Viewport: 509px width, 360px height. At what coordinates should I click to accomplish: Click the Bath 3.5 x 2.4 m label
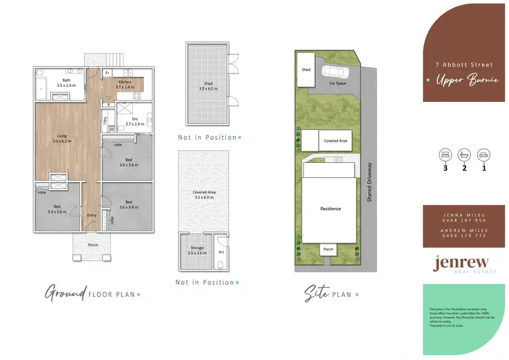click(x=62, y=84)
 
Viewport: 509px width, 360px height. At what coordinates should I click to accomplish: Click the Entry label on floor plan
click(x=92, y=215)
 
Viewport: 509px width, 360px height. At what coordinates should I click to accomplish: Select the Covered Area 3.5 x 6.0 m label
click(x=204, y=195)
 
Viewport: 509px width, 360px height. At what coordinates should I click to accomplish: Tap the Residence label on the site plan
click(x=331, y=209)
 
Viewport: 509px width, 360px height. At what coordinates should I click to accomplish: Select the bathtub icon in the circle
click(x=465, y=154)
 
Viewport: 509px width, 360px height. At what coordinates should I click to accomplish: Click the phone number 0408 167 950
click(x=466, y=220)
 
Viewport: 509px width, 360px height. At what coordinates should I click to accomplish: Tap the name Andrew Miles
click(x=466, y=229)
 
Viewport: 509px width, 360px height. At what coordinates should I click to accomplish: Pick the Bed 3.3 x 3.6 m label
click(x=57, y=209)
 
